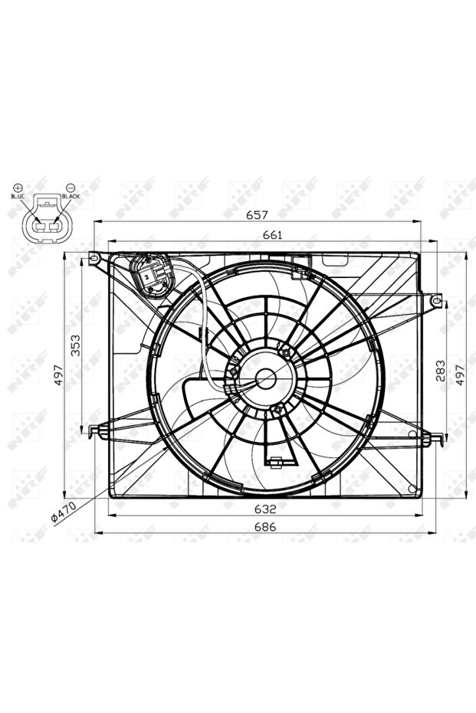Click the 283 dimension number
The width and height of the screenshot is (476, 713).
tap(439, 369)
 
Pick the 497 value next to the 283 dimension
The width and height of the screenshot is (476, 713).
tap(460, 374)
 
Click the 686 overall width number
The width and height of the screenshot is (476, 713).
tap(265, 527)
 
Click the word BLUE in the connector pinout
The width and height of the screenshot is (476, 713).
tap(18, 197)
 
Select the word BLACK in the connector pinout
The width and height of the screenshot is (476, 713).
tap(71, 197)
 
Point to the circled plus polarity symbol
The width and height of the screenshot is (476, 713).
tap(18, 187)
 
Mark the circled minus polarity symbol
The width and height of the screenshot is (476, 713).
tap(70, 187)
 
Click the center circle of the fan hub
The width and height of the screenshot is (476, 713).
tap(266, 377)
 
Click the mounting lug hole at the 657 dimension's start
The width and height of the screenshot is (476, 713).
tap(94, 258)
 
